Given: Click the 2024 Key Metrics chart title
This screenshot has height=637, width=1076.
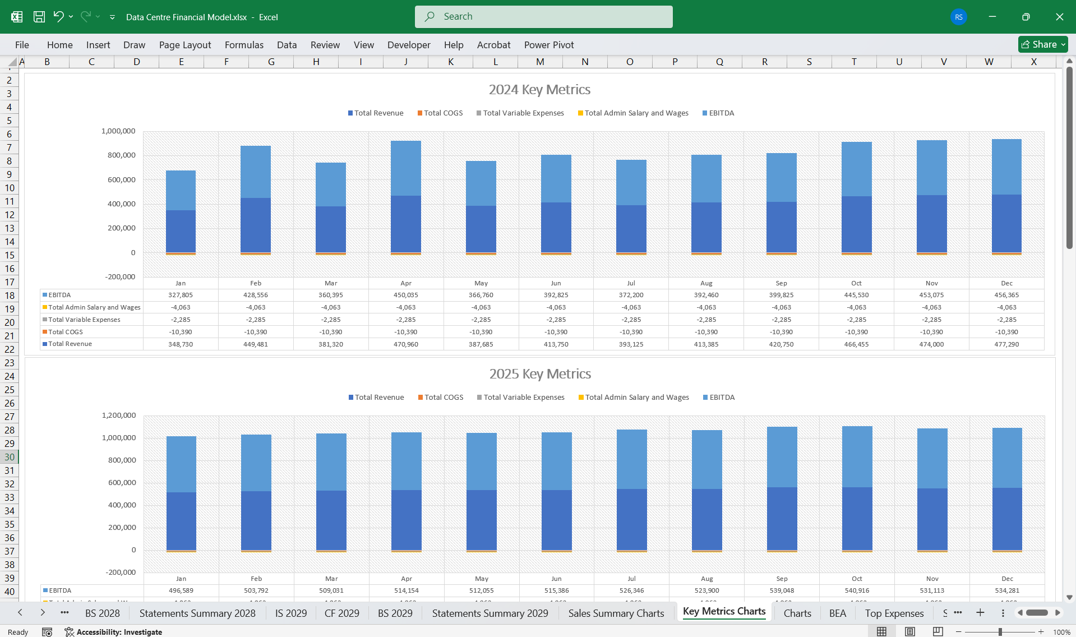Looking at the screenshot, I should tap(539, 90).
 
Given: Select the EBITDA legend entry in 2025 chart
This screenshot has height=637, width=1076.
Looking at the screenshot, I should tap(721, 398).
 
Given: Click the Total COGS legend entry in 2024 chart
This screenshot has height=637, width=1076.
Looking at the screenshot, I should tap(442, 113).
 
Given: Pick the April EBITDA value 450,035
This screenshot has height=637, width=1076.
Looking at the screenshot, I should tap(405, 295).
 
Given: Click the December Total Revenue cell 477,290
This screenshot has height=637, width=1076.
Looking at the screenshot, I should tap(1006, 344).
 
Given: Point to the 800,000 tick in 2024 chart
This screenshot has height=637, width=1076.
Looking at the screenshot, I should tap(121, 155).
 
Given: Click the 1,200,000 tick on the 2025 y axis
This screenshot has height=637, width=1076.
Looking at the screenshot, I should tap(118, 416).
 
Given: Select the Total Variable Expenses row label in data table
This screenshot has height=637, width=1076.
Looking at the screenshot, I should tap(84, 320).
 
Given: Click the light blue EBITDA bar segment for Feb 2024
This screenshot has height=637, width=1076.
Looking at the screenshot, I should tap(256, 172).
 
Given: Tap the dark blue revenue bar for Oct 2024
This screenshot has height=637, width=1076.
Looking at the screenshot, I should tap(856, 224).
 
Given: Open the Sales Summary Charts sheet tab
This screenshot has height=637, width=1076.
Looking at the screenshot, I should tap(616, 613).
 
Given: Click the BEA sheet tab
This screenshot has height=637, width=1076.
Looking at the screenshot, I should tap(837, 613).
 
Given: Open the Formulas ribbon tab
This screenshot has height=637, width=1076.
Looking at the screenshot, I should tap(244, 45).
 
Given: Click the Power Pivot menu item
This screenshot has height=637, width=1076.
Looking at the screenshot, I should tap(548, 45).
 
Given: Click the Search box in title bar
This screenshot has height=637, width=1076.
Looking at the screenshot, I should tap(543, 17).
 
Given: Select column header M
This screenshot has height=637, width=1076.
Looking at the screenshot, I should tap(540, 62).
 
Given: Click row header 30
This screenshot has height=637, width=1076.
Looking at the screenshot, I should tap(10, 457).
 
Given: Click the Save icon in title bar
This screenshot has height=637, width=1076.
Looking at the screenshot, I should tap(39, 17).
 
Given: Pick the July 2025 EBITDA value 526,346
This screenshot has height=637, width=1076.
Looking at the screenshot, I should tap(631, 590).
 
